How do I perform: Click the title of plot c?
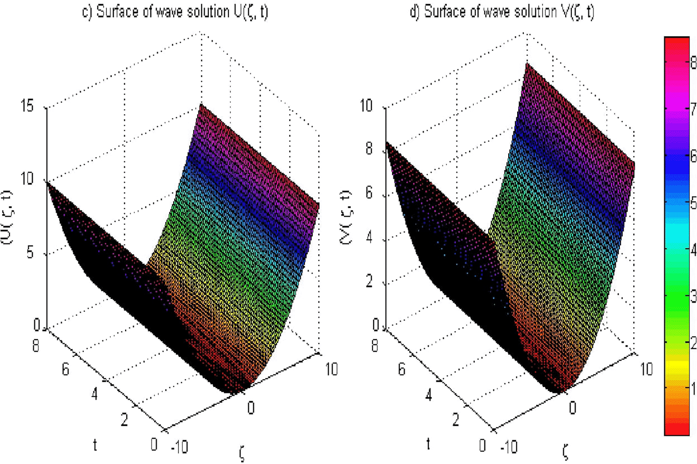(x=175, y=11)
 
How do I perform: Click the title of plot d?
(x=501, y=11)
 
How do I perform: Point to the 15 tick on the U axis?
(x=28, y=106)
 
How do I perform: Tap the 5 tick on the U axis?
(x=30, y=252)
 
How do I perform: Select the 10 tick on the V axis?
(x=366, y=106)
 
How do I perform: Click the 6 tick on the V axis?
(x=369, y=193)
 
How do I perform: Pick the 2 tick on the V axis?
(x=369, y=281)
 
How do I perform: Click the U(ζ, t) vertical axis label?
(x=9, y=217)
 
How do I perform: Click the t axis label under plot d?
(x=428, y=444)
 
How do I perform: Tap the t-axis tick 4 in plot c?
(x=95, y=394)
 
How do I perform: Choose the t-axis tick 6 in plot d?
(x=402, y=369)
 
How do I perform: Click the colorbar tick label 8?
(x=693, y=63)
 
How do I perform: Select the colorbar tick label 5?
(x=693, y=203)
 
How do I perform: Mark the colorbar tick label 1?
(x=693, y=389)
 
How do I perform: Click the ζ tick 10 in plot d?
(x=646, y=369)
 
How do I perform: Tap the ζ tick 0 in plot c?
(x=251, y=408)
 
